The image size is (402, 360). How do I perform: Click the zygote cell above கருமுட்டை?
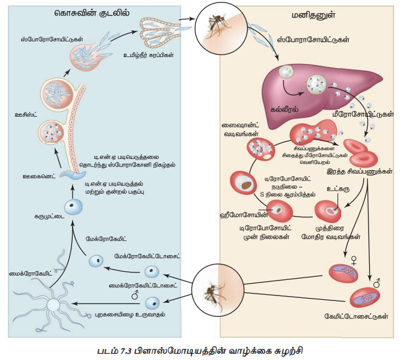tap(74, 207)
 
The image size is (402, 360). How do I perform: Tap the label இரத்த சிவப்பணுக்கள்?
tap(362, 172)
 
